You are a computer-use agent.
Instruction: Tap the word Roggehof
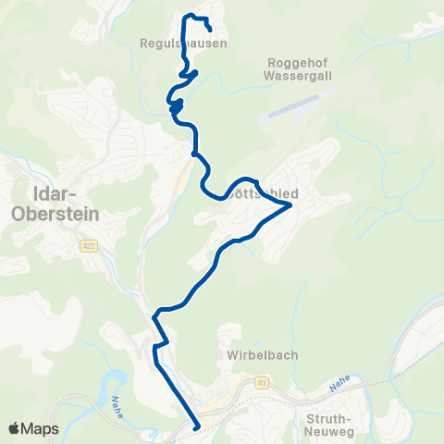294,62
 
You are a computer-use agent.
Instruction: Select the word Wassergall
294,77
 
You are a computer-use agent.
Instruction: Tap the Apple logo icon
15,428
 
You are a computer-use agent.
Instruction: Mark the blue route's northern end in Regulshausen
210,29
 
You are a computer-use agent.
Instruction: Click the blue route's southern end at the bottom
196,427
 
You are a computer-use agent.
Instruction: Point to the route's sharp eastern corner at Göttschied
291,205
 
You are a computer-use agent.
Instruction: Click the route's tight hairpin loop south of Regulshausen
176,107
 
